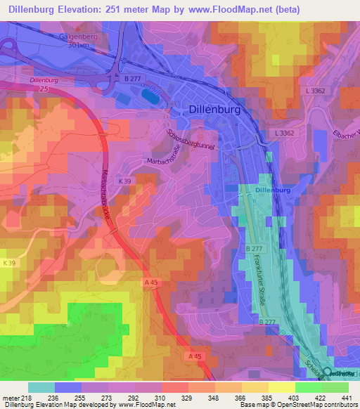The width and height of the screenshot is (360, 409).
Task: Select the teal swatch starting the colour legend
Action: pos(41,387)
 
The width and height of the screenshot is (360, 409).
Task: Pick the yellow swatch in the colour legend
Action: pos(281,387)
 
